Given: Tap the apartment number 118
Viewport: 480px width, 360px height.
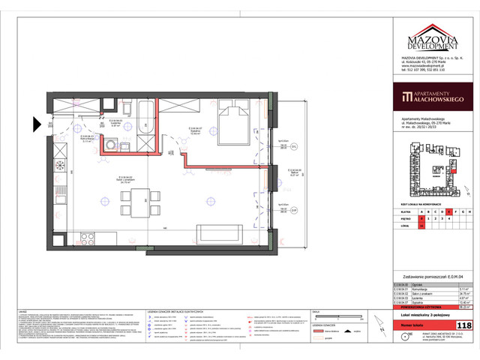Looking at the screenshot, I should click(x=464, y=325).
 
